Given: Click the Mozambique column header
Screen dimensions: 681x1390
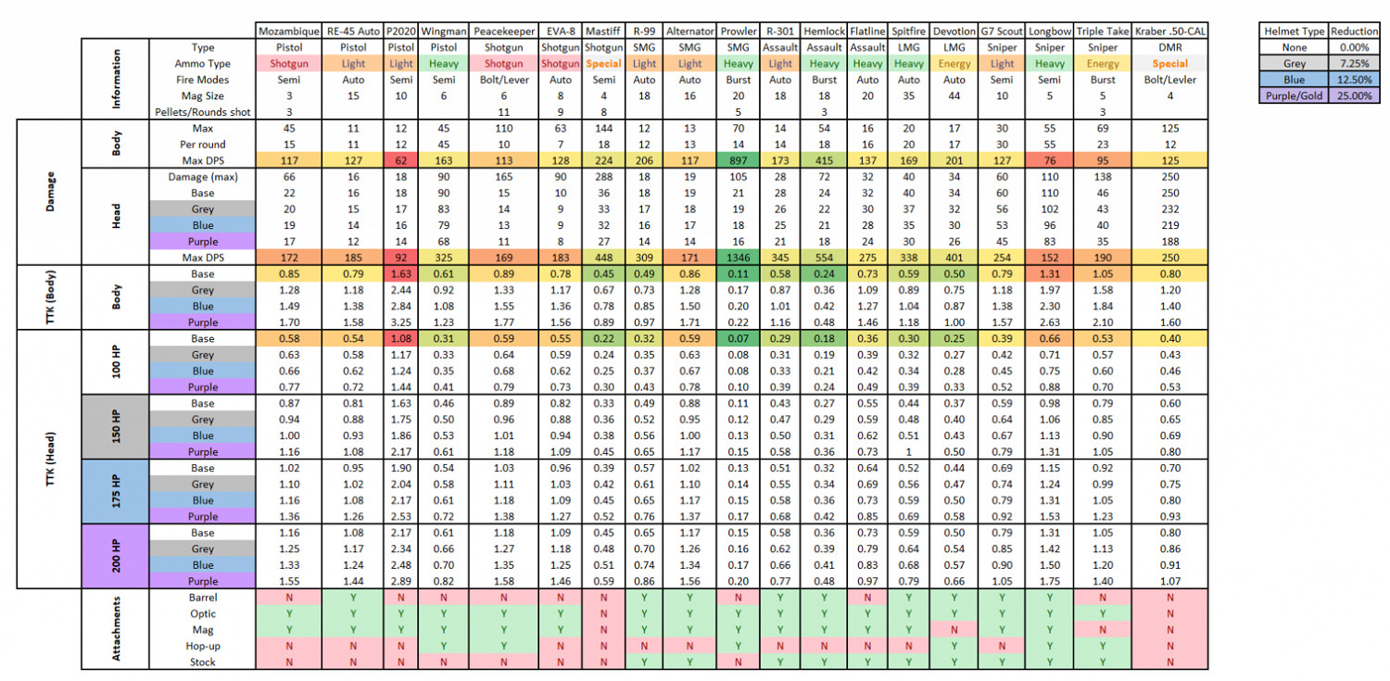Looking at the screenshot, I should click(289, 32).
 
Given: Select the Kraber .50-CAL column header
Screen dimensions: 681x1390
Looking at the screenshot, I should click(1170, 32).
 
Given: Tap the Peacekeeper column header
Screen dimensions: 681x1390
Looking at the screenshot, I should click(504, 32).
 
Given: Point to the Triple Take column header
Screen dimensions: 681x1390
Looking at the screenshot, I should click(1103, 32).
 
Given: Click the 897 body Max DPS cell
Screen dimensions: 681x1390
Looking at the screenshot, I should click(739, 160).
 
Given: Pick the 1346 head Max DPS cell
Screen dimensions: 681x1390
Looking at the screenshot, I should click(739, 258).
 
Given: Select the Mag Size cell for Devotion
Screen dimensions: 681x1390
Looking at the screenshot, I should click(954, 95).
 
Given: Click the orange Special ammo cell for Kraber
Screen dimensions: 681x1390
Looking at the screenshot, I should click(1170, 64).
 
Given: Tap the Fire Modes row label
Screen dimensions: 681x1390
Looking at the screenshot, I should click(202, 80).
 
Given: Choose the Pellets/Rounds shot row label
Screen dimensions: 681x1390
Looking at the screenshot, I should click(202, 112).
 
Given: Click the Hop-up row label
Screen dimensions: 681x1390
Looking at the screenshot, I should click(202, 646).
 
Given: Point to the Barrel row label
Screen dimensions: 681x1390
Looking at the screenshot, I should click(202, 598).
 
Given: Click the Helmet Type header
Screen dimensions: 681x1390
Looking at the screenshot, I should click(1295, 32).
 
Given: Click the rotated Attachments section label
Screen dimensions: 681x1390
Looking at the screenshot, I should click(115, 629).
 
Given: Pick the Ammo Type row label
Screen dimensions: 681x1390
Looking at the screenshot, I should click(202, 64).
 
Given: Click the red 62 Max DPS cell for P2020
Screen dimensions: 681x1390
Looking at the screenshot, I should click(401, 160).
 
